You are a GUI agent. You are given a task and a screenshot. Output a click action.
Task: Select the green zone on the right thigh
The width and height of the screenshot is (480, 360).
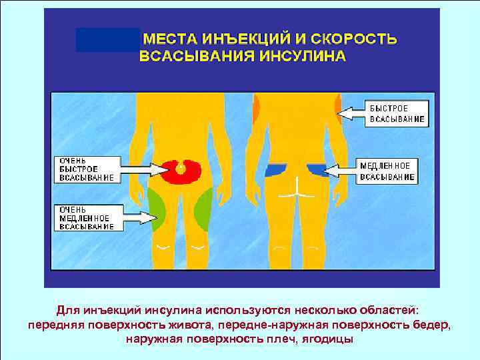[x=203, y=207]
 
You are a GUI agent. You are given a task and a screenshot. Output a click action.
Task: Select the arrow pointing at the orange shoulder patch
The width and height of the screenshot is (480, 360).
[x=351, y=115]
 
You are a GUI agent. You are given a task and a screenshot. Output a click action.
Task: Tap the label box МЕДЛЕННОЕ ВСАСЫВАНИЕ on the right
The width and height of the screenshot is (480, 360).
[x=389, y=171]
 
